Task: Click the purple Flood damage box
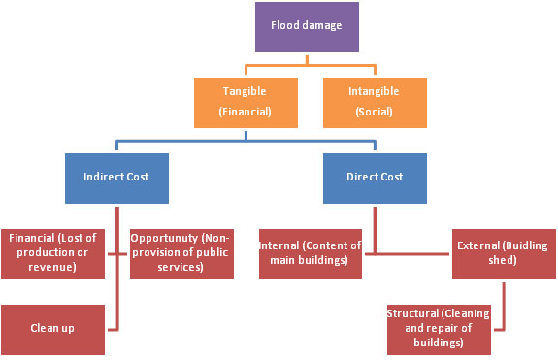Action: (307, 27)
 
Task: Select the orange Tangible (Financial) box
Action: (246, 103)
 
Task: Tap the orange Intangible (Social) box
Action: (375, 103)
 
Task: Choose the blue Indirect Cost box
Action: (116, 179)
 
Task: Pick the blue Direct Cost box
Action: (375, 179)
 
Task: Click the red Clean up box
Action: (52, 329)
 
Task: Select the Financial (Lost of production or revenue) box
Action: (52, 254)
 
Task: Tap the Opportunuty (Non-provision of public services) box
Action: (181, 254)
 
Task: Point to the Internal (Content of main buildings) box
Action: (311, 254)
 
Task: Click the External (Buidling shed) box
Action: (504, 254)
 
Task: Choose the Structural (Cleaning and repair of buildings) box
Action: (439, 329)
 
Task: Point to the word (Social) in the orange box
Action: (374, 112)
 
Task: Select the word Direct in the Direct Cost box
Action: (359, 177)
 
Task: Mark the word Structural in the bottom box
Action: (412, 313)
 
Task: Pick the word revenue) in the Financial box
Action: (52, 267)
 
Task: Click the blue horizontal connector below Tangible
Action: (246, 142)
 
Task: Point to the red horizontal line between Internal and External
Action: (408, 254)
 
